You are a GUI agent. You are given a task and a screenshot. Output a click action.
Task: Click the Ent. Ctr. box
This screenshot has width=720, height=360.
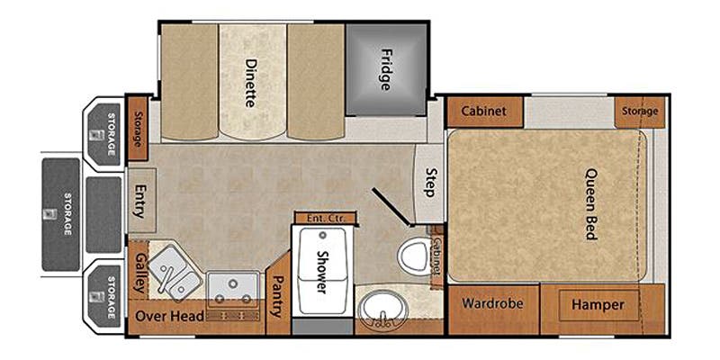326,218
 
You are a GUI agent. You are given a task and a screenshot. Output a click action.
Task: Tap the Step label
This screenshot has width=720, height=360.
430,183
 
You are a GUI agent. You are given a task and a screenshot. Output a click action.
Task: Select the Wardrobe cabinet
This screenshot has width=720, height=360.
492,309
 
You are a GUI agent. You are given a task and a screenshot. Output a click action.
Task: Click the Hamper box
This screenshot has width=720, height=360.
598,305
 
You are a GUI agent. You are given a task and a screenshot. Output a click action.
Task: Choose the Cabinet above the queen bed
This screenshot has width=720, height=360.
484,111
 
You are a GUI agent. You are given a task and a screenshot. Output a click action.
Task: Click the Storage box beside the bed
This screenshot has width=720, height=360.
640,112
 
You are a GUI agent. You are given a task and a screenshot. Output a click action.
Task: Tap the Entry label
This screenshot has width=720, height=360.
139,201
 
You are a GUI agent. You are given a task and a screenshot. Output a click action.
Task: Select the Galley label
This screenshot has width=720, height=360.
139,274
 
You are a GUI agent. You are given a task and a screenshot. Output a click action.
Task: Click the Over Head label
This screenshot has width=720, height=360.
169,316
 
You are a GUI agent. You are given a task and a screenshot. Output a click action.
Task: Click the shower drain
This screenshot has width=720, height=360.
322,235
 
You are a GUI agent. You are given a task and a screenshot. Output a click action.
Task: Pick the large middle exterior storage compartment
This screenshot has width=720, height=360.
60,214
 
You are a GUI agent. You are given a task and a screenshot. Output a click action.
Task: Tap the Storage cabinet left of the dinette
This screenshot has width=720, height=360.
138,128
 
